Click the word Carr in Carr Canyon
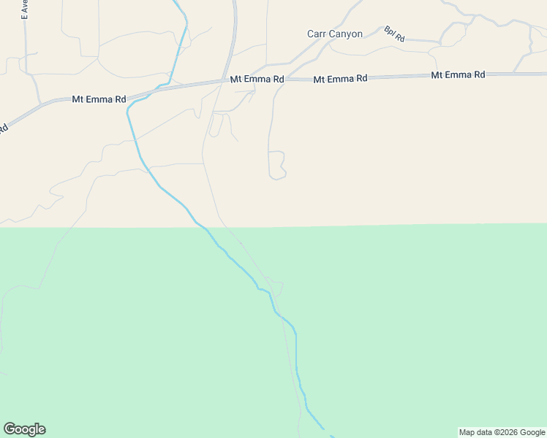coord(316,34)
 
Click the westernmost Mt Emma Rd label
coord(99,99)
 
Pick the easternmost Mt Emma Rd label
coord(459,74)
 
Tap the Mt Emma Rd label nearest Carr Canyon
coord(340,79)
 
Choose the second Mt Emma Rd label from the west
coord(257,79)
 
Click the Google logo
coord(24,429)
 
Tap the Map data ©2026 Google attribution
coord(502,432)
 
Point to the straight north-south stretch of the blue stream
coord(296,350)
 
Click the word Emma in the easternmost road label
coord(459,74)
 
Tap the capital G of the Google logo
coord(10,429)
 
